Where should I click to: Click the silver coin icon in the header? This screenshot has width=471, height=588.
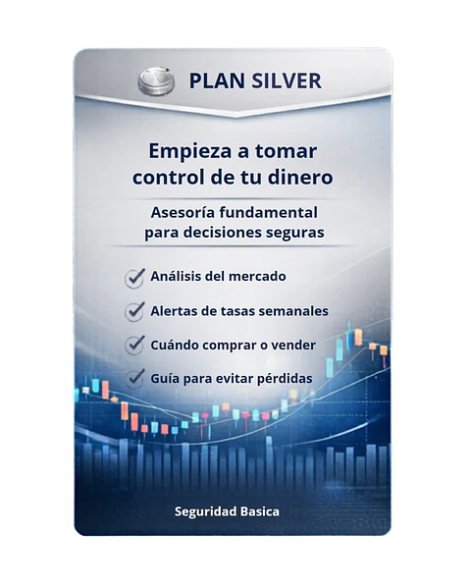(156, 80)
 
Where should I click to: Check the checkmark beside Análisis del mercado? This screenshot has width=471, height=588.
(135, 278)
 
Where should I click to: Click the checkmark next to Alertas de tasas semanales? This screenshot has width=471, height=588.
(135, 311)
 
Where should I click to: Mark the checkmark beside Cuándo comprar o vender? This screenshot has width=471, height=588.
(135, 346)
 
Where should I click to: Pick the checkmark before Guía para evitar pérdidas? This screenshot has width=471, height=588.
(135, 378)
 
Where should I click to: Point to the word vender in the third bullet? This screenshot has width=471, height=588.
(288, 345)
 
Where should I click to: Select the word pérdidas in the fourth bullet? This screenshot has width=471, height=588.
(282, 378)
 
